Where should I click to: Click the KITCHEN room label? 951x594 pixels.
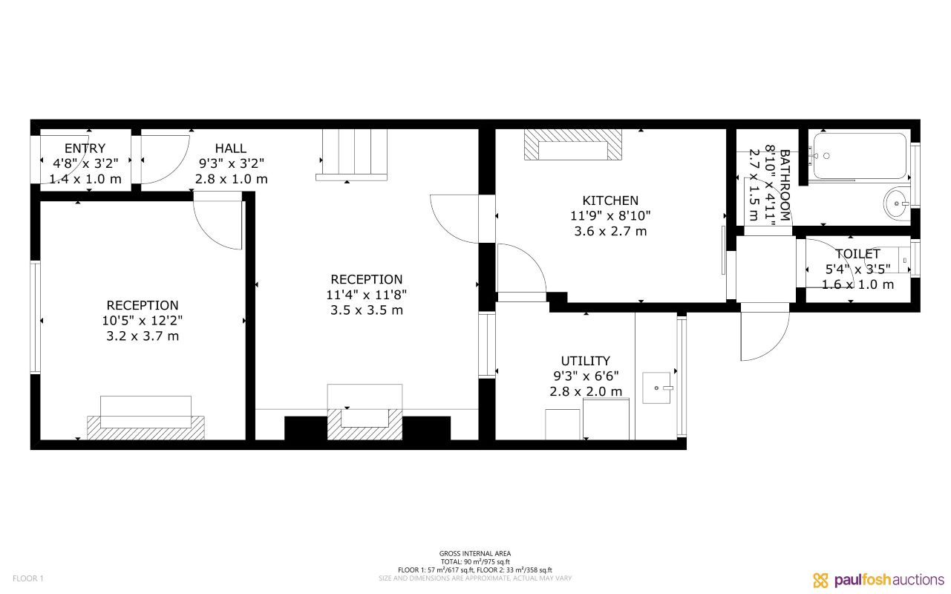click(610, 200)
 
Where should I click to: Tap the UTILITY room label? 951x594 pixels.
click(585, 361)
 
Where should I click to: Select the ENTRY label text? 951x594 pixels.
click(85, 148)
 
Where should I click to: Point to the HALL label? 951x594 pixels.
click(230, 148)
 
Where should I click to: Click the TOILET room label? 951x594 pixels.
click(857, 254)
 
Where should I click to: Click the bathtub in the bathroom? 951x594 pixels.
click(859, 156)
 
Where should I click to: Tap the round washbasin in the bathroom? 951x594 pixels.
click(897, 202)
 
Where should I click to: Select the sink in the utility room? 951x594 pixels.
click(657, 388)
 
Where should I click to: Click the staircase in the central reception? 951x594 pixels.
click(351, 154)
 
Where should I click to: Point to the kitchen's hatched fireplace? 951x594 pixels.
click(572, 145)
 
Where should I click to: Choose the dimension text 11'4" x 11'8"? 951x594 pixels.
click(366, 295)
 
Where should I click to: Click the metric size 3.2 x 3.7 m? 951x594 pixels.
click(142, 336)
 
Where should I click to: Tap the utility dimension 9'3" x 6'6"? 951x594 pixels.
click(585, 376)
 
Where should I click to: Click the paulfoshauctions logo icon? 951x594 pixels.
click(820, 580)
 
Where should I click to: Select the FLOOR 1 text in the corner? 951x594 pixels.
click(28, 578)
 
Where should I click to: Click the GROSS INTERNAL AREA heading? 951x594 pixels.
click(474, 553)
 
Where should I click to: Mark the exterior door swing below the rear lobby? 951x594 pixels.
click(765, 334)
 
